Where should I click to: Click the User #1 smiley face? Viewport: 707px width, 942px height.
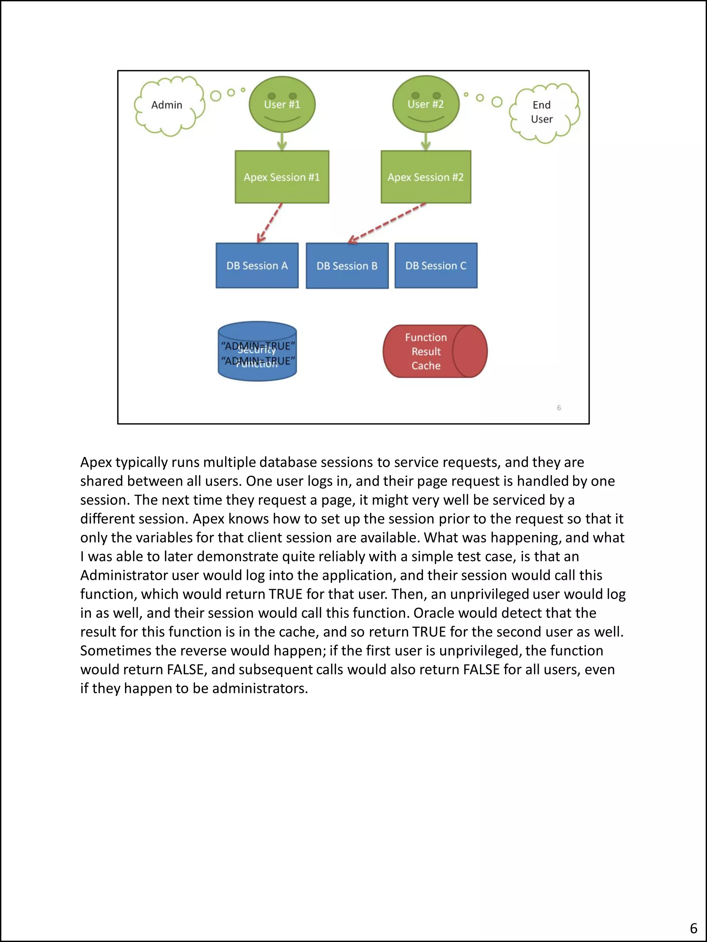pyautogui.click(x=282, y=104)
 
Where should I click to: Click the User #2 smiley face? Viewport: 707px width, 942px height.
pyautogui.click(x=425, y=104)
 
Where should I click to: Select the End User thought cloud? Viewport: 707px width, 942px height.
pyautogui.click(x=543, y=112)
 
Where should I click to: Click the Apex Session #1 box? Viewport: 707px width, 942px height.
pyautogui.click(x=282, y=177)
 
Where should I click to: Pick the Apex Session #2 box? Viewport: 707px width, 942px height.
pyautogui.click(x=425, y=177)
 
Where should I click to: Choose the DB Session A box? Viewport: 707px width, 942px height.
pyautogui.click(x=257, y=266)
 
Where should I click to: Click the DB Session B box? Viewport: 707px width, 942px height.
pyautogui.click(x=347, y=266)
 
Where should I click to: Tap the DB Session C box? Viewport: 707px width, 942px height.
pyautogui.click(x=436, y=266)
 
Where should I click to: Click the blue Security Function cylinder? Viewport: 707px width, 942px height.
pyautogui.click(x=257, y=352)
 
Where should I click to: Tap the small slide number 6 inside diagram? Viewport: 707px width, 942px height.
pyautogui.click(x=559, y=408)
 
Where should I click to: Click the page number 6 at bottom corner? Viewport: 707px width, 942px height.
pyautogui.click(x=693, y=928)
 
